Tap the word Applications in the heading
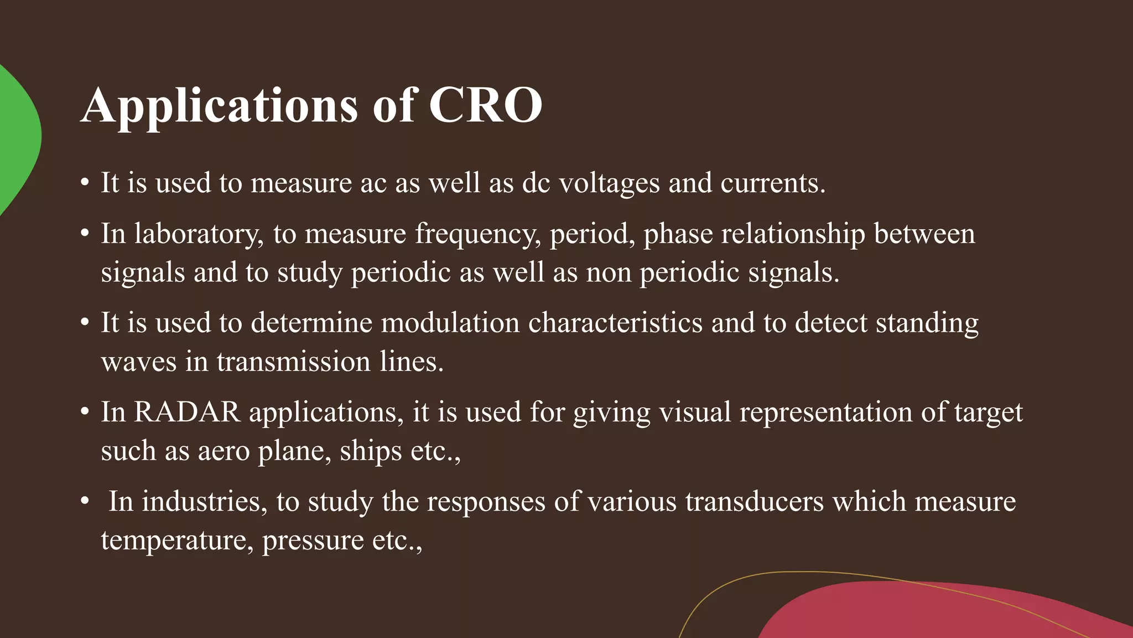coord(220,106)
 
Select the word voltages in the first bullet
coord(609,183)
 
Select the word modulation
coord(450,323)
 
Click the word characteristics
coord(615,323)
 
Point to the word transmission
coord(293,362)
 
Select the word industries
coord(201,502)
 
